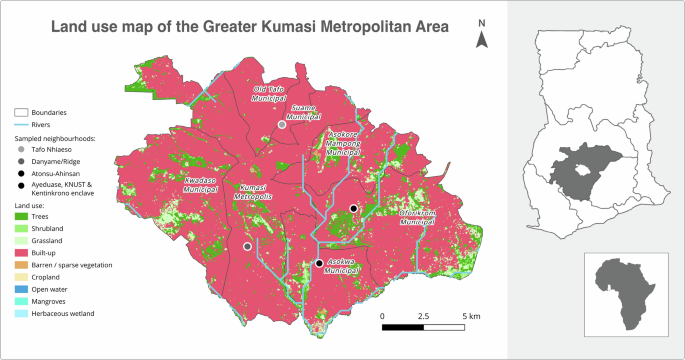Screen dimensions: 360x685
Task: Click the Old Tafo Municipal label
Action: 269,95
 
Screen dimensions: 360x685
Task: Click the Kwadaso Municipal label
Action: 201,184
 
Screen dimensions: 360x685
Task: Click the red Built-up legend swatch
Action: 21,253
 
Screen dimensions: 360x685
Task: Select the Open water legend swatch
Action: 21,289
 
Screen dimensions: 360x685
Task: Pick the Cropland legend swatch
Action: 21,277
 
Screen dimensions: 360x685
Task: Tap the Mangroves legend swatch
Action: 21,301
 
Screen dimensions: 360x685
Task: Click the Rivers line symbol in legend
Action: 21,125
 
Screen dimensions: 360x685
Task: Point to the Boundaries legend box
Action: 21,113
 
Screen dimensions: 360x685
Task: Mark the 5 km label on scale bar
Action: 471,316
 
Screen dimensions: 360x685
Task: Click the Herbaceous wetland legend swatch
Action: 21,313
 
